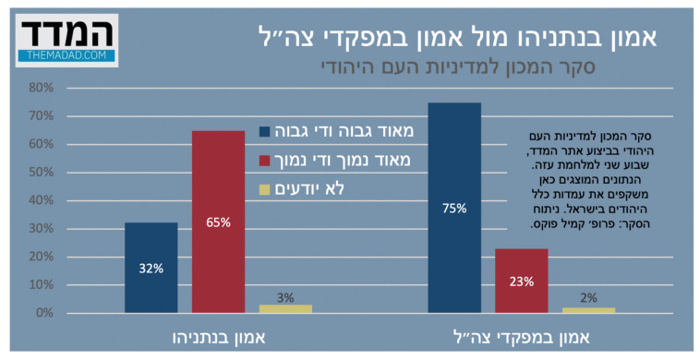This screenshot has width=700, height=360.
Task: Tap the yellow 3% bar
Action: click(285, 308)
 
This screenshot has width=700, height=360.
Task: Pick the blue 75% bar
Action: click(454, 208)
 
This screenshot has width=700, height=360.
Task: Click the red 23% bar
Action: click(521, 281)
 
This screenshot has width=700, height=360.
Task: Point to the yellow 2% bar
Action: click(588, 310)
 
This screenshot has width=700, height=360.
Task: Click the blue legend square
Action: click(265, 131)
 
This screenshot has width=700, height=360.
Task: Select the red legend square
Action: click(265, 161)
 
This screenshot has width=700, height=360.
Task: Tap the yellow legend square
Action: click(265, 189)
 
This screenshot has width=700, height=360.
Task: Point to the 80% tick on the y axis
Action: click(42, 89)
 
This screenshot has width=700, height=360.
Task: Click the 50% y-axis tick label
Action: click(42, 173)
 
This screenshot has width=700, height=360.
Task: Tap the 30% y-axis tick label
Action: click(42, 229)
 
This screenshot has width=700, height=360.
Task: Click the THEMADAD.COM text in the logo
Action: click(66, 55)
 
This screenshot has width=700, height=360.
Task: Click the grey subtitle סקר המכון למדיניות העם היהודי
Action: click(460, 66)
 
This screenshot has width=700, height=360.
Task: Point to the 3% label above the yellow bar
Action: click(285, 297)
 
